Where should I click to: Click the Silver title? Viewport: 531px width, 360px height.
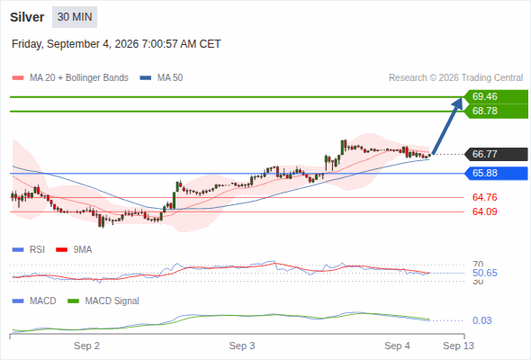click(x=27, y=17)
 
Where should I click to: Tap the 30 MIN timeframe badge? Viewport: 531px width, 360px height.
click(x=75, y=17)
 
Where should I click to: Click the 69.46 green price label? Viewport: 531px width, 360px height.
click(x=496, y=96)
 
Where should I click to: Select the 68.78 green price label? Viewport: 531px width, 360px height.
click(x=496, y=111)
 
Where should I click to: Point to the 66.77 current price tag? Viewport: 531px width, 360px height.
click(x=496, y=154)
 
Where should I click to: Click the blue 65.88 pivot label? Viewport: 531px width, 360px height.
click(x=496, y=174)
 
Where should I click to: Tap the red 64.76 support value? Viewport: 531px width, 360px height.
click(x=484, y=197)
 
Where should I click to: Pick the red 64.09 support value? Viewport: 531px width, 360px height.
click(x=484, y=211)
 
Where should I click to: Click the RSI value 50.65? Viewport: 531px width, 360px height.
click(x=484, y=273)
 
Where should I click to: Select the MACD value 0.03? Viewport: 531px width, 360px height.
click(x=481, y=320)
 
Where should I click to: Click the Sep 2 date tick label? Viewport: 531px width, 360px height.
click(x=86, y=346)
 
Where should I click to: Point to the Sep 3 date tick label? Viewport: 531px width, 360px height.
click(x=242, y=346)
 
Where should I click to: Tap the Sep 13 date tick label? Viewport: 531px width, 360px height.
click(x=458, y=346)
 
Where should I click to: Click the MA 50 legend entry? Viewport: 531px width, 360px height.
click(x=161, y=78)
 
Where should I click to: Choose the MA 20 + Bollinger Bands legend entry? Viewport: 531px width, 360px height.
click(x=70, y=78)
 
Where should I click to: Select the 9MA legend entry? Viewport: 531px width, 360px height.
click(x=74, y=250)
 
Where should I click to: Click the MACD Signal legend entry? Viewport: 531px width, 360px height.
click(x=103, y=301)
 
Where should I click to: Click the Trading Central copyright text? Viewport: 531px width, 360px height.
click(x=455, y=78)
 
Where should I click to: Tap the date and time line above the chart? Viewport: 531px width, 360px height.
click(x=116, y=44)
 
